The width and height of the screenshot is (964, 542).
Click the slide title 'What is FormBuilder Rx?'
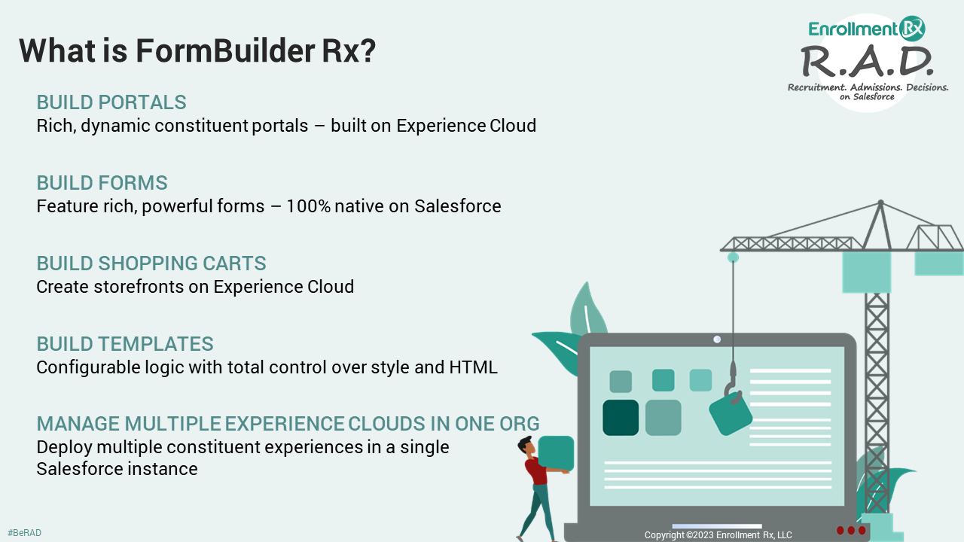(x=197, y=50)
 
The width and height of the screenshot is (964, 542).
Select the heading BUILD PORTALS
(x=111, y=102)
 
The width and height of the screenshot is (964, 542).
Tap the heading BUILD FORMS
(x=102, y=183)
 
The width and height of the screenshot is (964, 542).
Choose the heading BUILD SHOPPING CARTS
(x=151, y=263)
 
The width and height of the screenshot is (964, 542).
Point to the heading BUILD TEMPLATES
(x=125, y=344)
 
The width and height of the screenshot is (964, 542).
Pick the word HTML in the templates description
(x=473, y=367)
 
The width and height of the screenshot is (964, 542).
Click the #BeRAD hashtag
(x=24, y=533)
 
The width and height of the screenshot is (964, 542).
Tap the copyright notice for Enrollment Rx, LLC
(x=718, y=534)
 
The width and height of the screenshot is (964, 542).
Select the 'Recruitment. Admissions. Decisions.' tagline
(x=868, y=88)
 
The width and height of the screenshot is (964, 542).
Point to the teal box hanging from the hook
(x=731, y=415)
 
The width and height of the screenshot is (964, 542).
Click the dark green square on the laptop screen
(x=621, y=418)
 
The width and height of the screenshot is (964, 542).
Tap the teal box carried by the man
(x=556, y=453)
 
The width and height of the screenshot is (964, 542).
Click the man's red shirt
(x=536, y=472)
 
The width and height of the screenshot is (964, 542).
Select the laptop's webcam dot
(x=717, y=340)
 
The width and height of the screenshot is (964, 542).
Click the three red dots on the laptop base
(x=851, y=530)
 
